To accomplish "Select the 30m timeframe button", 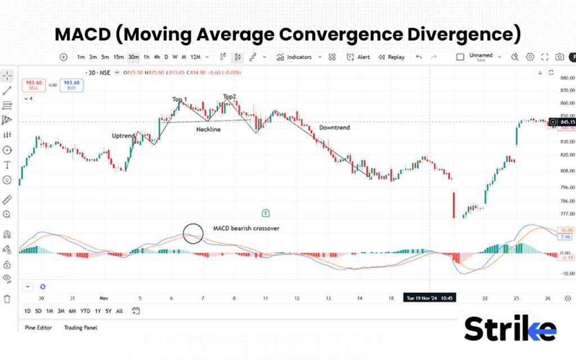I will (133, 57).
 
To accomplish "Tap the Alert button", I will (358, 57).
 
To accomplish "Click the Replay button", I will (391, 57).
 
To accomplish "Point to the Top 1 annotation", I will (179, 100).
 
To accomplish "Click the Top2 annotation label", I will (229, 97).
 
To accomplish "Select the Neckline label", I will (208, 129).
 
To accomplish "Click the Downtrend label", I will (334, 128).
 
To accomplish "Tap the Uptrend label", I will (123, 136).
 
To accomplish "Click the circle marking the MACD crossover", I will (193, 233).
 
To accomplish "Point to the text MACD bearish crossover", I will (246, 228).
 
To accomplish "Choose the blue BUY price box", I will (72, 85).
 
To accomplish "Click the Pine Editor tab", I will (38, 327).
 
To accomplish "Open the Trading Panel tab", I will (81, 327).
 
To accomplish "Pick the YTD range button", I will (85, 311).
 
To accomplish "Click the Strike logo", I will (510, 330).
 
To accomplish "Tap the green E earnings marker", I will (265, 213).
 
